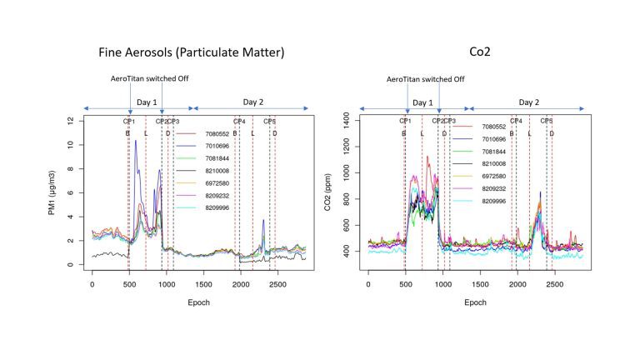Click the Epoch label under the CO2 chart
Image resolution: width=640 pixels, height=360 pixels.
[474, 302]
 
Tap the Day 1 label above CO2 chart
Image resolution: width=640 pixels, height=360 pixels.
[422, 102]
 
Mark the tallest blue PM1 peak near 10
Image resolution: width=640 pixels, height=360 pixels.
[136, 142]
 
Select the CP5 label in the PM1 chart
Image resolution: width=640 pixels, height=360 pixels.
[270, 122]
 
